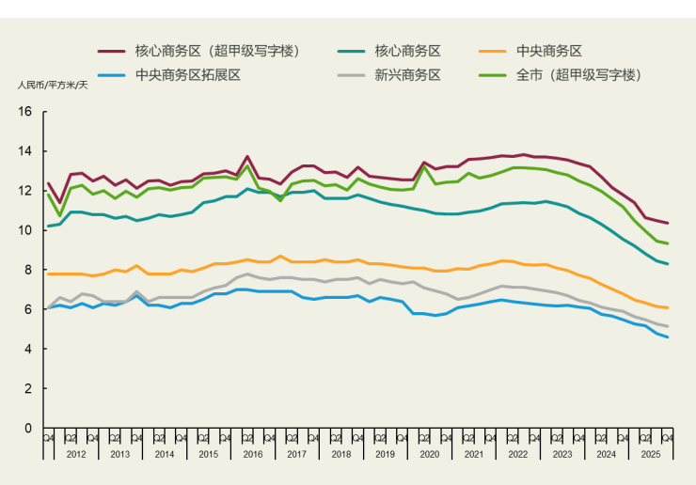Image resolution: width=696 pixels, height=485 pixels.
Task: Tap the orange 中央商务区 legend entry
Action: click(x=555, y=51)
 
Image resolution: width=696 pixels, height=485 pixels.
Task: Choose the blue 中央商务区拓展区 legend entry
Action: click(x=188, y=74)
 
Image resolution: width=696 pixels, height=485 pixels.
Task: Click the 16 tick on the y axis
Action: click(x=25, y=112)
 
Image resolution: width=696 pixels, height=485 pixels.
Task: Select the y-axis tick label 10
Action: click(x=25, y=230)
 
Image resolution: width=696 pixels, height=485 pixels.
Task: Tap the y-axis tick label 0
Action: click(x=28, y=428)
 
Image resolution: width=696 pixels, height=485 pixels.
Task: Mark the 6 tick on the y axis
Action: click(x=28, y=309)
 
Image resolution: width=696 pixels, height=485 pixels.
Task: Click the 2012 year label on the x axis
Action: click(x=76, y=454)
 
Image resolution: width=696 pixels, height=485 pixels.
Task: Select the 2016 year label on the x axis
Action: click(x=253, y=454)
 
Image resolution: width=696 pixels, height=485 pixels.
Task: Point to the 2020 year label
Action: click(x=429, y=454)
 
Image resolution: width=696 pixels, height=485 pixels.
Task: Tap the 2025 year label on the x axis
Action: click(x=649, y=454)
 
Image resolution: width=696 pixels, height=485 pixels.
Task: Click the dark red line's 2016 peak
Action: click(x=247, y=157)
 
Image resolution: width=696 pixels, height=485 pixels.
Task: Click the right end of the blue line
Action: click(x=668, y=337)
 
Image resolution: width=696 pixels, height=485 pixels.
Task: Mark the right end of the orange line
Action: click(x=668, y=307)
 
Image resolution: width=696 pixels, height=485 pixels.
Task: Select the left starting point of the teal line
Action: click(x=48, y=227)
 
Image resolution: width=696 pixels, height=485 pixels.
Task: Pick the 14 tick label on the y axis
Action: click(x=25, y=151)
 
